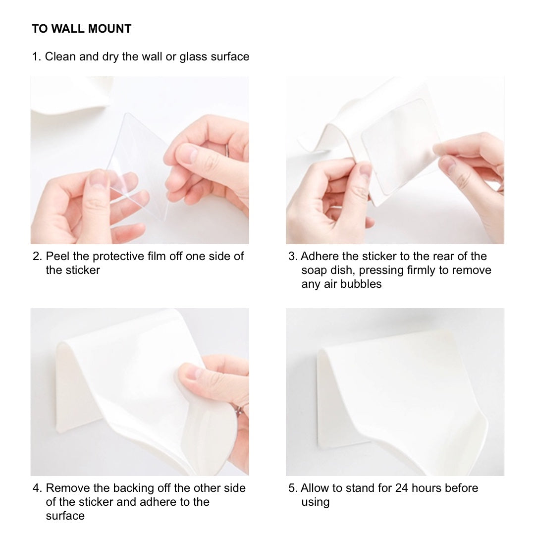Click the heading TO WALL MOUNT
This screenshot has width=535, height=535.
tap(82, 29)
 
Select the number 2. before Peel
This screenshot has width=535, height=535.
tap(37, 256)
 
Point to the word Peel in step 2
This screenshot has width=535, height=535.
tap(57, 256)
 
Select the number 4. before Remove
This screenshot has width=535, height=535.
tap(37, 488)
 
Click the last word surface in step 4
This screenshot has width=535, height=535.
tap(65, 516)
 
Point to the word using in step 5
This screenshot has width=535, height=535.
tap(315, 502)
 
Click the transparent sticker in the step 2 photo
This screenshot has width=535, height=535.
tap(139, 166)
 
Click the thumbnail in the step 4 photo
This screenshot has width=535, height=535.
tap(195, 372)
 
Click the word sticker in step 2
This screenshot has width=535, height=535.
tap(83, 270)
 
